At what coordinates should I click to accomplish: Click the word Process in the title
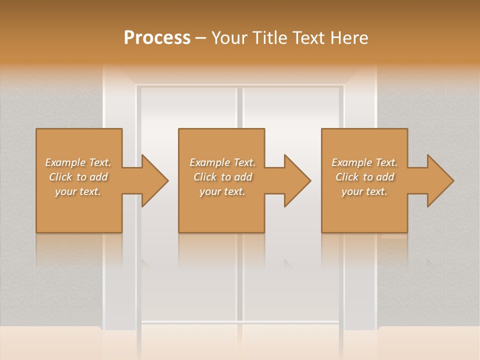[157, 38]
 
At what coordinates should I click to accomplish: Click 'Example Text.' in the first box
[78, 162]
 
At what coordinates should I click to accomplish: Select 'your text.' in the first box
[78, 191]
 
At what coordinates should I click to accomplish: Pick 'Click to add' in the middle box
[222, 177]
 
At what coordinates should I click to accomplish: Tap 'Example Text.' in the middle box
[222, 162]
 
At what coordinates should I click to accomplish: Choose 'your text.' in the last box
[364, 191]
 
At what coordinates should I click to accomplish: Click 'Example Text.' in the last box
[364, 162]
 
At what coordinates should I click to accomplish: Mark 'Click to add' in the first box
[78, 177]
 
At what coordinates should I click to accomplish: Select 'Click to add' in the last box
[364, 177]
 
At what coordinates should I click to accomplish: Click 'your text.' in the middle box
[222, 191]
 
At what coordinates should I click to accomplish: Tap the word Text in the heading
[306, 38]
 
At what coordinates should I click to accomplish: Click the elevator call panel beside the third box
[394, 235]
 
